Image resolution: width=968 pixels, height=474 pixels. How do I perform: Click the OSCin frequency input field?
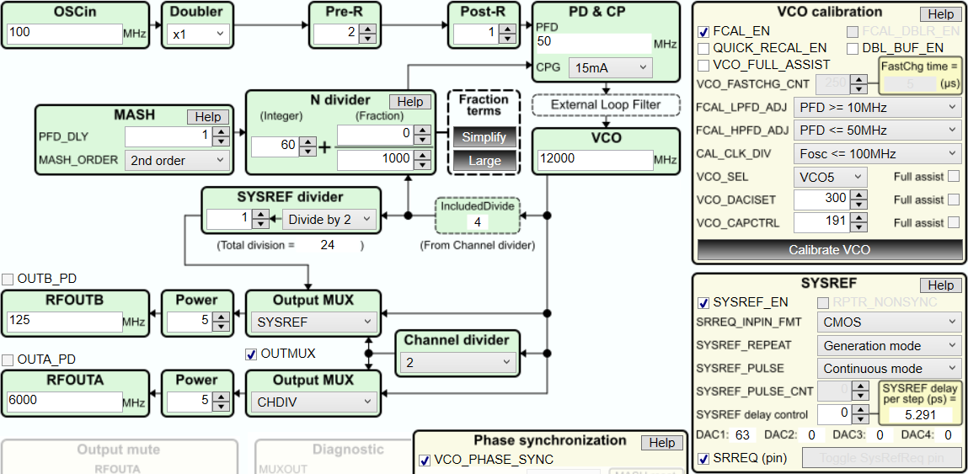[x=65, y=34]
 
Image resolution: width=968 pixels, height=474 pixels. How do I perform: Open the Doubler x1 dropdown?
[x=197, y=34]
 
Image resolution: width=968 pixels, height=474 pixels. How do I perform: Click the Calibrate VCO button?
[x=829, y=249]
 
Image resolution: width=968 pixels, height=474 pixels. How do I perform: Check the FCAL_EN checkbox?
[x=703, y=31]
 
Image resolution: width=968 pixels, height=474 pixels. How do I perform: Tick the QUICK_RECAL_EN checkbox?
[x=703, y=48]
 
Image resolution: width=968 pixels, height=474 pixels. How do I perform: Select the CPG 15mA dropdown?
[x=610, y=67]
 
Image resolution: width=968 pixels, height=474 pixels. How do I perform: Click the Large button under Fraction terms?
[x=484, y=161]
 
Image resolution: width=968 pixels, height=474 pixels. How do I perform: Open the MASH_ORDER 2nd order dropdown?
[x=177, y=160]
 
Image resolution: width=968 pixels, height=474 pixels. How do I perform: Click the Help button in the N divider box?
[x=410, y=102]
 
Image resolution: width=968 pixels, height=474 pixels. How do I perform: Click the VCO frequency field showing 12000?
[x=594, y=159]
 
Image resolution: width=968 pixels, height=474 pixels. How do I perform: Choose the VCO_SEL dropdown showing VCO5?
[x=830, y=177]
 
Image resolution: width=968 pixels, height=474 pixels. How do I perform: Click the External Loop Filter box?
[x=606, y=104]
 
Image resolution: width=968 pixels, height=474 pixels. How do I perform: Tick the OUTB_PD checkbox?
[x=8, y=280]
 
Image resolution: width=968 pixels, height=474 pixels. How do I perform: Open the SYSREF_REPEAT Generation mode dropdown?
[x=889, y=345]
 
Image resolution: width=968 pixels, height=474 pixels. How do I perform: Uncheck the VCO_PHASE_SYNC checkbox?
[x=425, y=461]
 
